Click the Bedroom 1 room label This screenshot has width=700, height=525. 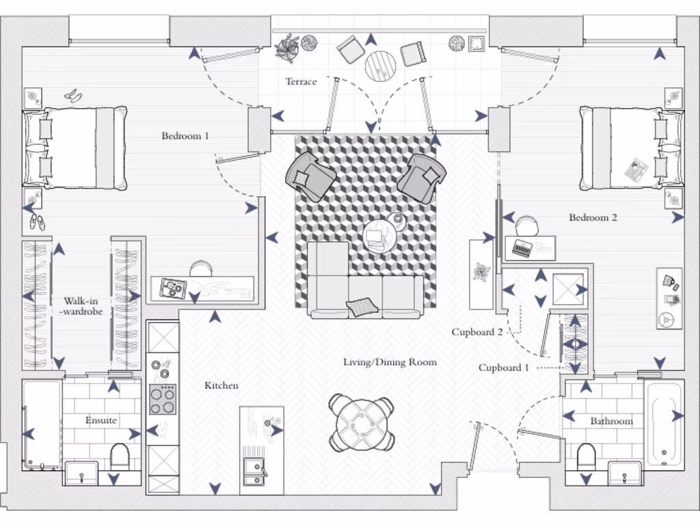[x=185, y=136]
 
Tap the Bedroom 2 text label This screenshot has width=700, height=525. [x=593, y=218]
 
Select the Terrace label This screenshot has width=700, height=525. [x=301, y=82]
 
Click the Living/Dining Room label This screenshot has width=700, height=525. [x=390, y=362]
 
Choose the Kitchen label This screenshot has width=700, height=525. [x=221, y=386]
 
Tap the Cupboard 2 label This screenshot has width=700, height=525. [x=477, y=333]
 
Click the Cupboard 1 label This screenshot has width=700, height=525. [x=504, y=368]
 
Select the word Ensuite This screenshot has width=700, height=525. [x=100, y=420]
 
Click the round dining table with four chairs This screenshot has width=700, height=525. [x=361, y=424]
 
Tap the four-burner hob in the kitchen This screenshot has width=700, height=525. [x=163, y=399]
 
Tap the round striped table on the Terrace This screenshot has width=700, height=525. [x=381, y=66]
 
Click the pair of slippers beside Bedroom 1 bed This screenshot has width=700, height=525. [x=37, y=222]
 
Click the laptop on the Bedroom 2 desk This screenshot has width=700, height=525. [x=523, y=248]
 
